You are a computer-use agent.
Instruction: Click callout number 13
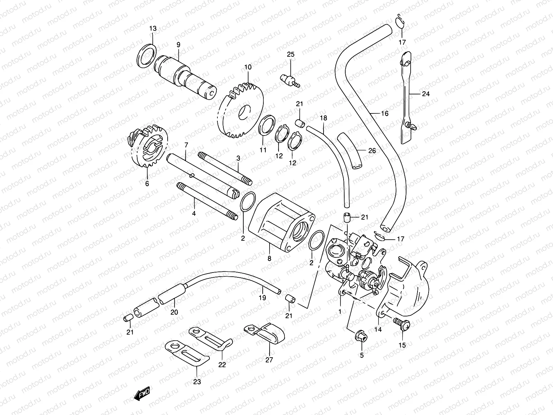pos(153,29)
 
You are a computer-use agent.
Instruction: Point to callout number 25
pos(290,54)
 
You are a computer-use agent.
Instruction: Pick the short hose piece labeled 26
pos(349,150)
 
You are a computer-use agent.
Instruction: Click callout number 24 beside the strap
pos(425,94)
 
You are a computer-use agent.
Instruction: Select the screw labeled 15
pos(402,325)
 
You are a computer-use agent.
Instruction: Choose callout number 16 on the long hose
pos(385,113)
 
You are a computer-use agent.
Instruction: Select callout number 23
pos(197,382)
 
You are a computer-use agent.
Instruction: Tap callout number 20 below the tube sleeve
pos(174,312)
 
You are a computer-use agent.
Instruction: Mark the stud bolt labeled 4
pos(207,201)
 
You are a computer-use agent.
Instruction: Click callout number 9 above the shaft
pos(178,45)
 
